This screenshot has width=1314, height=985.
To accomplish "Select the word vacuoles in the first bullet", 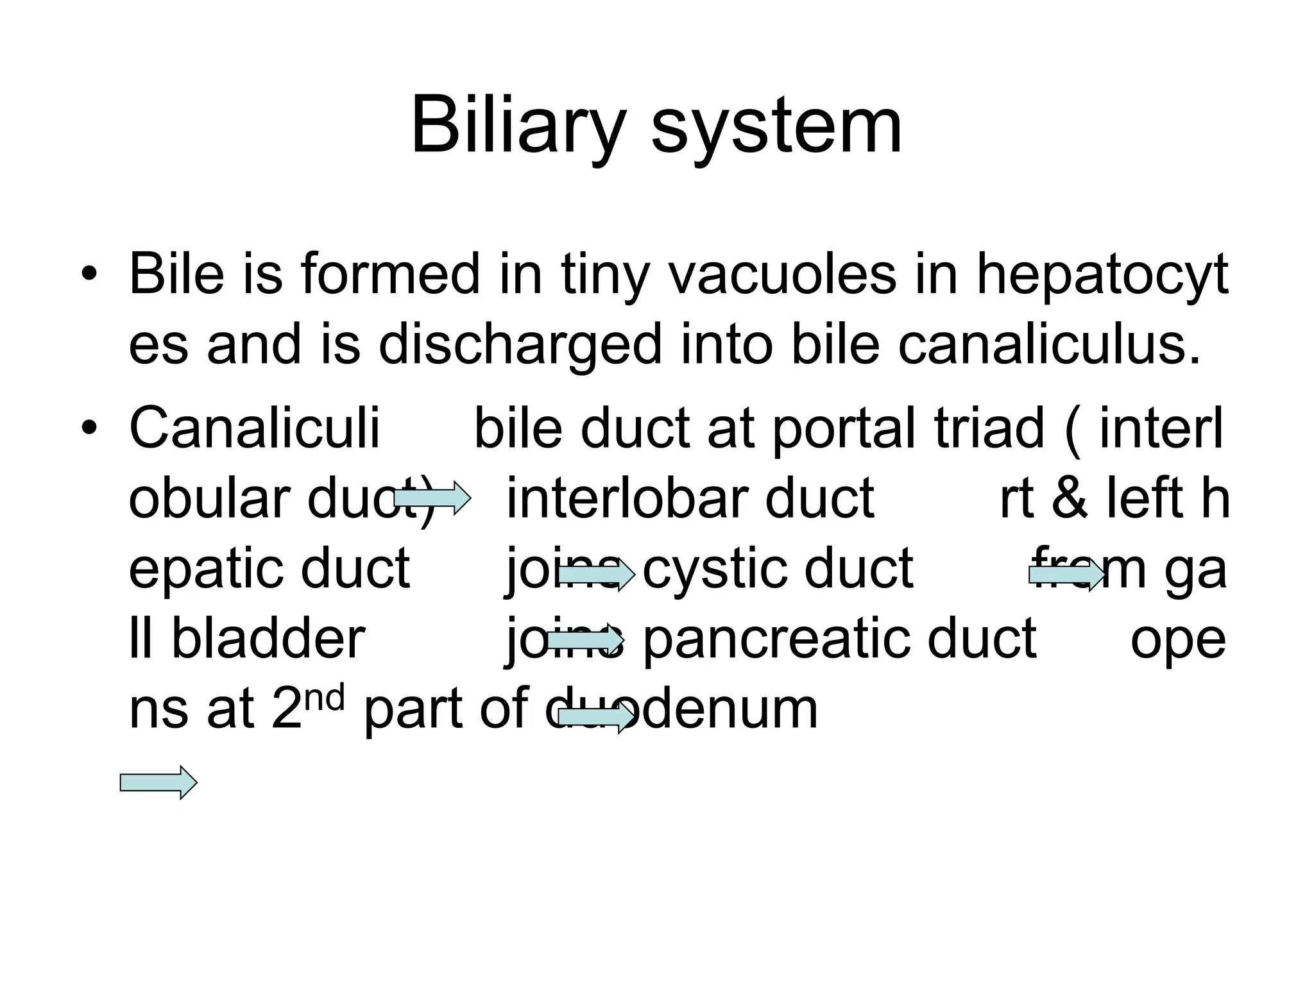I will (x=782, y=274).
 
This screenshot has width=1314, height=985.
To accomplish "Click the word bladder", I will (x=268, y=639).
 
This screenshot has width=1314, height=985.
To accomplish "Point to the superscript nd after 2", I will (x=325, y=698).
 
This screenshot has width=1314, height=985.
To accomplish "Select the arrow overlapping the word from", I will (x=1067, y=575).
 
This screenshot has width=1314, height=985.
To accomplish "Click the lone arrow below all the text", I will (x=158, y=782).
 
